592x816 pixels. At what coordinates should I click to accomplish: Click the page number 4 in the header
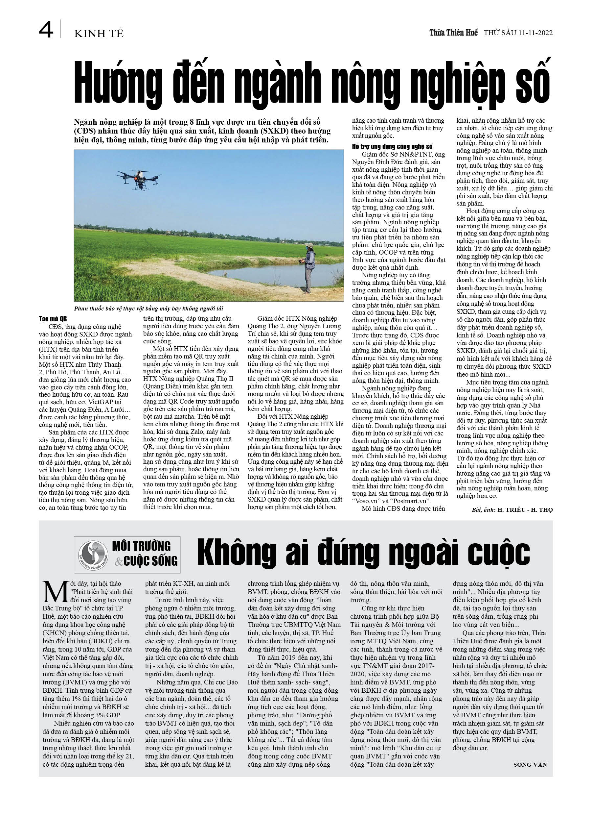(46, 30)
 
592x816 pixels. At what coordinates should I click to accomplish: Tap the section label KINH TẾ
(99, 34)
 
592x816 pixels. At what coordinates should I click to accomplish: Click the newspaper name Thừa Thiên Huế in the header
(453, 33)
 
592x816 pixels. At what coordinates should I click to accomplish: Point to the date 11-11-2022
(535, 33)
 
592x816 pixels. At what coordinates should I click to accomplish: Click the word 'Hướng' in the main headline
(118, 84)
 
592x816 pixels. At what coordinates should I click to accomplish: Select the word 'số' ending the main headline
(532, 84)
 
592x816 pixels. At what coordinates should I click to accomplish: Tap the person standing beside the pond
(309, 267)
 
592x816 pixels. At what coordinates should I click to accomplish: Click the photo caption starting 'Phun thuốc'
(148, 308)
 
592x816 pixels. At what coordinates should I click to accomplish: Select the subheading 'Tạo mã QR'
(53, 319)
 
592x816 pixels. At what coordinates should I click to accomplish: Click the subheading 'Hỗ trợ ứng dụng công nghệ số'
(392, 146)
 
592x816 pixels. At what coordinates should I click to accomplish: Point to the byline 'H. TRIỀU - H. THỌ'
(525, 509)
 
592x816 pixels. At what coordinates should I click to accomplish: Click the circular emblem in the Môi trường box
(93, 556)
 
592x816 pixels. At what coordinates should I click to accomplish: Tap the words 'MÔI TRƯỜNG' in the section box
(141, 546)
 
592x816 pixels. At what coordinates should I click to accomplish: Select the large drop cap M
(56, 591)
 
